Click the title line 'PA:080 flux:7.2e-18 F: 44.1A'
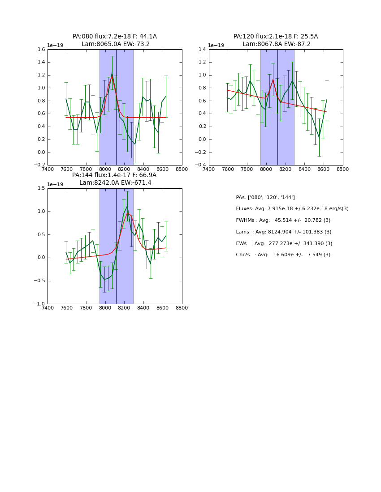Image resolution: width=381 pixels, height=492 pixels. (x=115, y=37)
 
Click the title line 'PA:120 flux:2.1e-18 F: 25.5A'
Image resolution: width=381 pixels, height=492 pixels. (x=276, y=37)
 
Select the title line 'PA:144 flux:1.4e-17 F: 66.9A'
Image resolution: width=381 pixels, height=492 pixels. (x=114, y=175)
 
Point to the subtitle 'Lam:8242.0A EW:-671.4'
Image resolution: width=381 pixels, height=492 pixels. (x=115, y=183)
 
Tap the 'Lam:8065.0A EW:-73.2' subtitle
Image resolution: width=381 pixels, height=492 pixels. (x=116, y=44)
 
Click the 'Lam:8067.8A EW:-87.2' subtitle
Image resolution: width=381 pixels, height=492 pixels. (x=277, y=44)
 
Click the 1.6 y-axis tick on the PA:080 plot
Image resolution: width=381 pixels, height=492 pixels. (x=41, y=50)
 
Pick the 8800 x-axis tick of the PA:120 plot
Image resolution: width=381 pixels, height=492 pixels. (x=343, y=169)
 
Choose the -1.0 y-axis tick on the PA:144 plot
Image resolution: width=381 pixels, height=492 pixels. (x=40, y=304)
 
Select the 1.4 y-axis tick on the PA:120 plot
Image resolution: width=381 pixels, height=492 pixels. (x=203, y=50)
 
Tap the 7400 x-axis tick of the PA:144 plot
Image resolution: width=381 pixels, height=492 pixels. (x=48, y=308)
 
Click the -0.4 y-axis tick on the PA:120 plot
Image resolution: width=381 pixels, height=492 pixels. (x=201, y=165)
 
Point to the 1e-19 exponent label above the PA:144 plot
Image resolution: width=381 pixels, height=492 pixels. (x=55, y=184)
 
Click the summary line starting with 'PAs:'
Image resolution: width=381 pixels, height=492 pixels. (x=265, y=197)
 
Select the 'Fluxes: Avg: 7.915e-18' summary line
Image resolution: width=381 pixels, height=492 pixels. (x=292, y=209)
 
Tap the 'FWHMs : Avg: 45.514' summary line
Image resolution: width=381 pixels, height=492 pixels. (x=283, y=221)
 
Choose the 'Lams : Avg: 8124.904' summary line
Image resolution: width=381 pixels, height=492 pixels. (x=284, y=232)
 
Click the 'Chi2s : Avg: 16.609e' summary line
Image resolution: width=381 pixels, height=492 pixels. (x=283, y=255)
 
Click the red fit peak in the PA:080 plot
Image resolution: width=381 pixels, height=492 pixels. (x=112, y=76)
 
